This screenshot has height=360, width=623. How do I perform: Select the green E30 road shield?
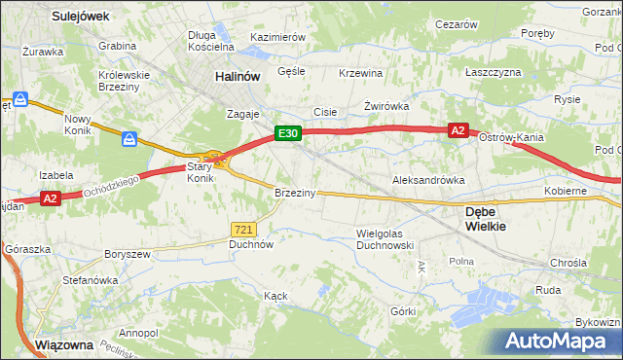(286, 134)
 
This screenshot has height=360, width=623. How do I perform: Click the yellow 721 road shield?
(244, 229)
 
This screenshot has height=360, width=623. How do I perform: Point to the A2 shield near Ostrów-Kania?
(458, 129)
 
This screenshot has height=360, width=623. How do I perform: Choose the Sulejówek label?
(81, 17)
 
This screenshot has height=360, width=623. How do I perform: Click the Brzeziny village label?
(295, 193)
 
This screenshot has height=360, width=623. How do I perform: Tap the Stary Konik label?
(200, 172)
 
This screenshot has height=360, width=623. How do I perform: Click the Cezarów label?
(457, 23)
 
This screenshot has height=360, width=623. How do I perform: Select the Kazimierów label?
(278, 37)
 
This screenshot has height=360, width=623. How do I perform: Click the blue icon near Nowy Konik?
(130, 140)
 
